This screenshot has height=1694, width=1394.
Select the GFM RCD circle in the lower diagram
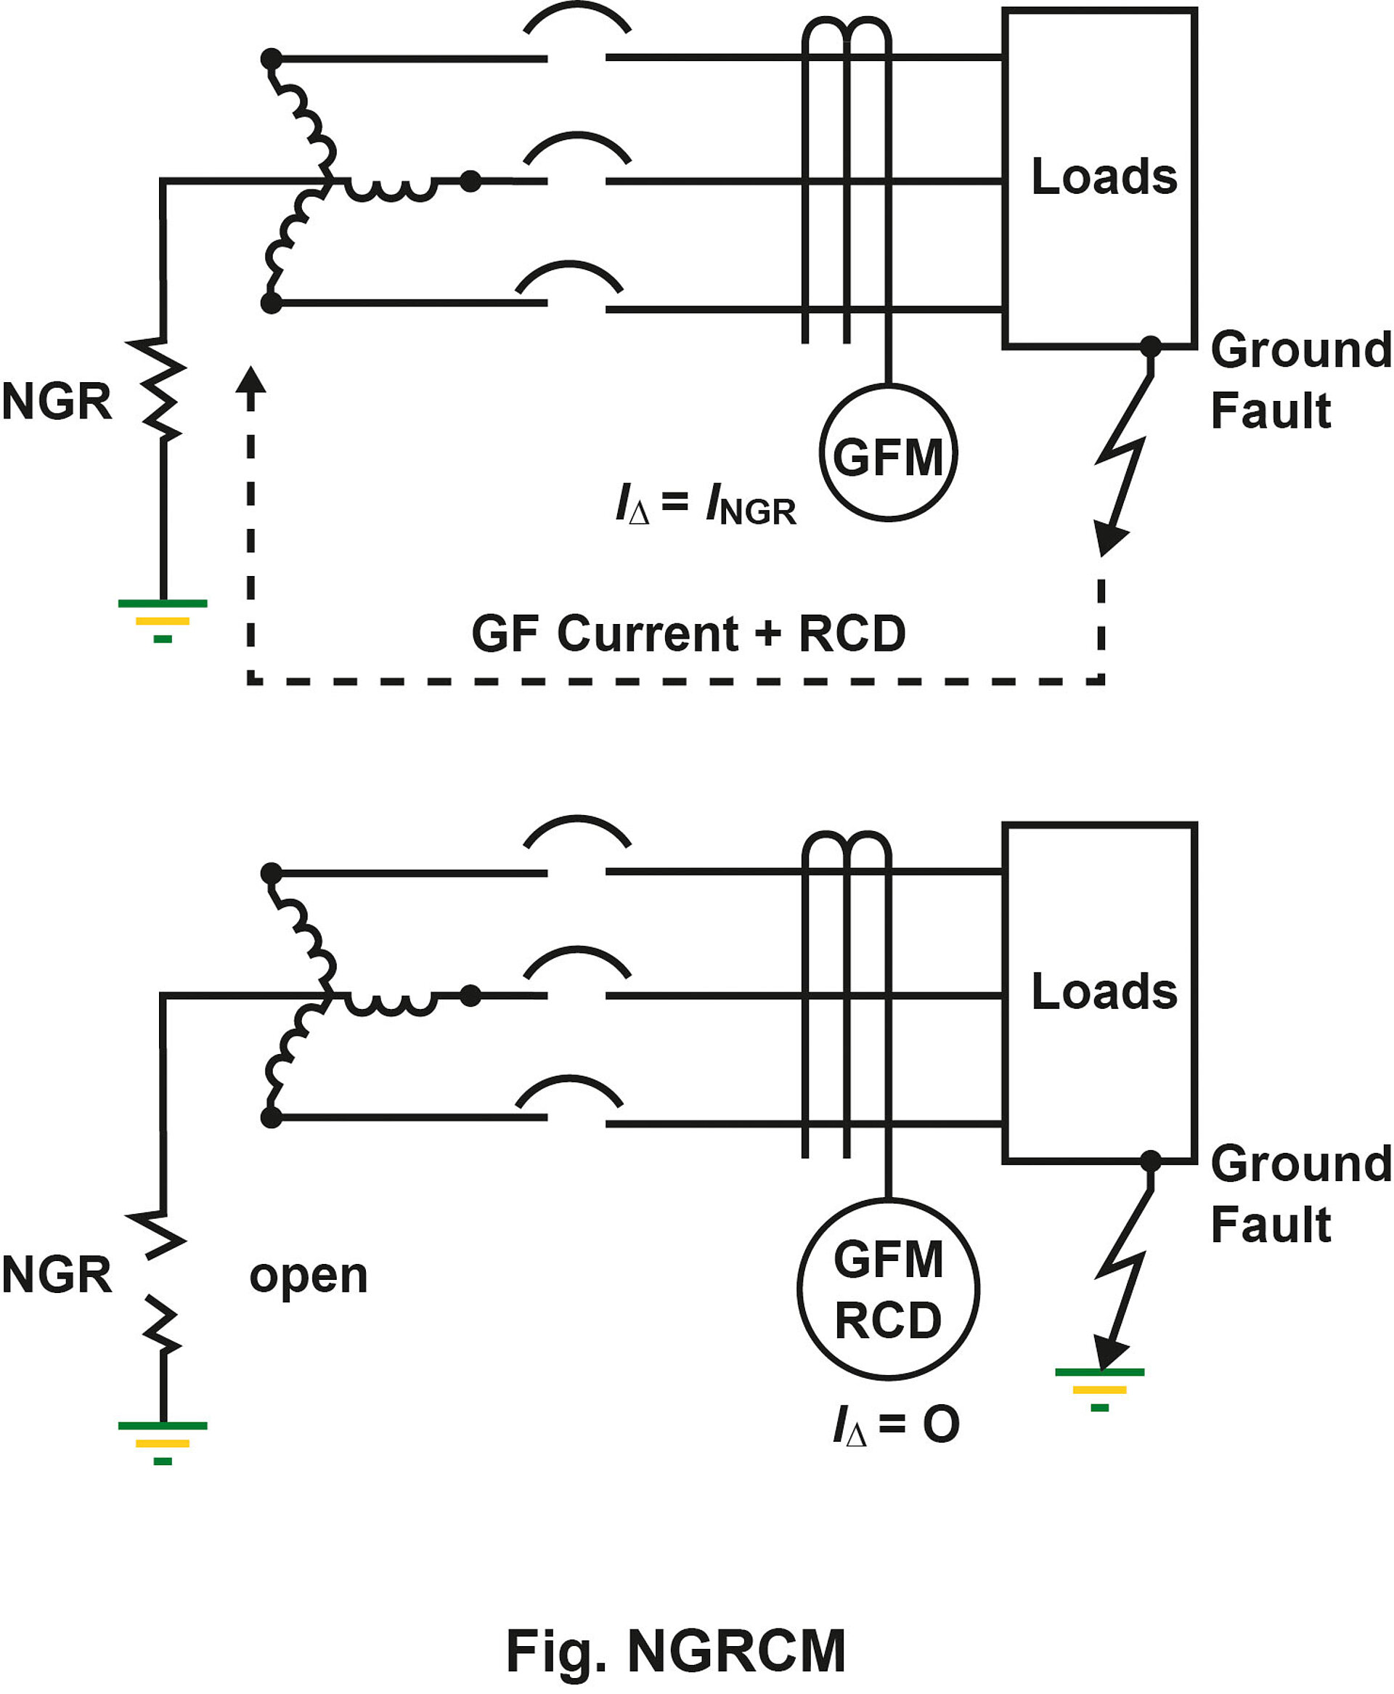click(887, 1290)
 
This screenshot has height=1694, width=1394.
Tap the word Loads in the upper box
click(1104, 177)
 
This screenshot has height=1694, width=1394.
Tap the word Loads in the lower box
click(1104, 992)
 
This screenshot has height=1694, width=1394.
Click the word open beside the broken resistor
click(309, 1276)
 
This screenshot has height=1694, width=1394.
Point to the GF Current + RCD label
click(688, 633)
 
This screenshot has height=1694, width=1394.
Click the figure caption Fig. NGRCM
click(675, 1651)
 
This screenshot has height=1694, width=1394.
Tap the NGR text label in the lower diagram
click(56, 1275)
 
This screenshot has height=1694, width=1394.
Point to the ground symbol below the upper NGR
click(163, 621)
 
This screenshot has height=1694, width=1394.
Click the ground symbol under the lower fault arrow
click(1099, 1389)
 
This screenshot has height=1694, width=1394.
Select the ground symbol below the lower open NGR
click(163, 1443)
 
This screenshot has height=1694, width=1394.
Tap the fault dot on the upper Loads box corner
click(1150, 347)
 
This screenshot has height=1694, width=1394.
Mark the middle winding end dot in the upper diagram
click(470, 182)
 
